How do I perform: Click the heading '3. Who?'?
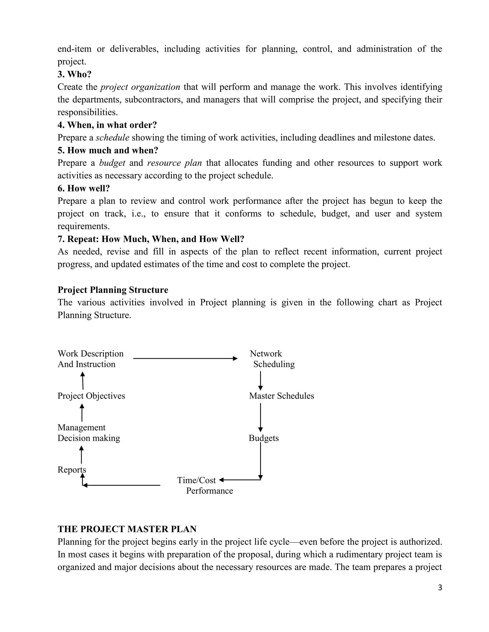tap(74, 74)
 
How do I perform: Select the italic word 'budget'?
tap(112, 163)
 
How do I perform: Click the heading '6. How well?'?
tap(84, 188)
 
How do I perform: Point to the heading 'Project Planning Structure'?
tap(113, 290)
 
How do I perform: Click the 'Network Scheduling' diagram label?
tap(272, 359)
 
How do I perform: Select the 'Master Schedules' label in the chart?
tap(281, 396)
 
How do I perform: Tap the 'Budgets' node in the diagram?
tap(264, 438)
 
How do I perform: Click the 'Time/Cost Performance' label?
tap(205, 486)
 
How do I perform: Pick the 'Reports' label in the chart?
tap(72, 470)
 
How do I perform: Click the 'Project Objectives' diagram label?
tap(91, 396)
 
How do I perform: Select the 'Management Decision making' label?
tap(89, 433)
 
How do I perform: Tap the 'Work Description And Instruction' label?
tap(90, 359)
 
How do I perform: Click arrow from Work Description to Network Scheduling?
tap(185, 358)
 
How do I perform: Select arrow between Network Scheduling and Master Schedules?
tap(260, 381)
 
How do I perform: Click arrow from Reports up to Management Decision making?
tap(81, 455)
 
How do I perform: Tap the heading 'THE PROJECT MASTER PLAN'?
tap(127, 529)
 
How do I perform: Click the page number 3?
tap(440, 588)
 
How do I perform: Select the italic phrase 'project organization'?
tap(140, 87)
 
